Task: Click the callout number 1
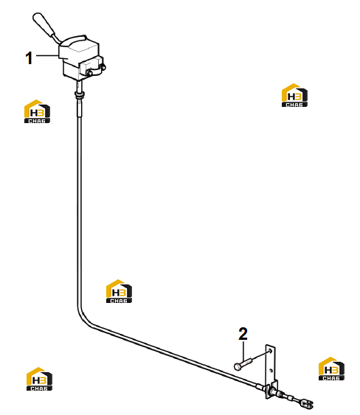(x=29, y=58)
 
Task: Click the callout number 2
(x=243, y=334)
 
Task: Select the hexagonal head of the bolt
(x=238, y=366)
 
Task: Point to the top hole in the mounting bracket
(x=270, y=351)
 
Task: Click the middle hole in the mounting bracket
(x=271, y=371)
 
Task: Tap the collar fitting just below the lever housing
(x=80, y=94)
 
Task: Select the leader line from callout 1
(x=47, y=55)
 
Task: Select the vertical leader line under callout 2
(x=243, y=352)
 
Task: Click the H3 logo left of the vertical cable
(x=37, y=111)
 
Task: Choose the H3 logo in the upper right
(x=294, y=95)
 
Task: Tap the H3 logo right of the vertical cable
(x=119, y=291)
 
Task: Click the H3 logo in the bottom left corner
(x=39, y=379)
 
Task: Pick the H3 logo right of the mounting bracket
(x=331, y=369)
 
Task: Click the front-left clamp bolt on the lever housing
(x=89, y=74)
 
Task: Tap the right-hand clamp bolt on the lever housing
(x=103, y=66)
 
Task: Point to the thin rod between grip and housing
(x=57, y=38)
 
